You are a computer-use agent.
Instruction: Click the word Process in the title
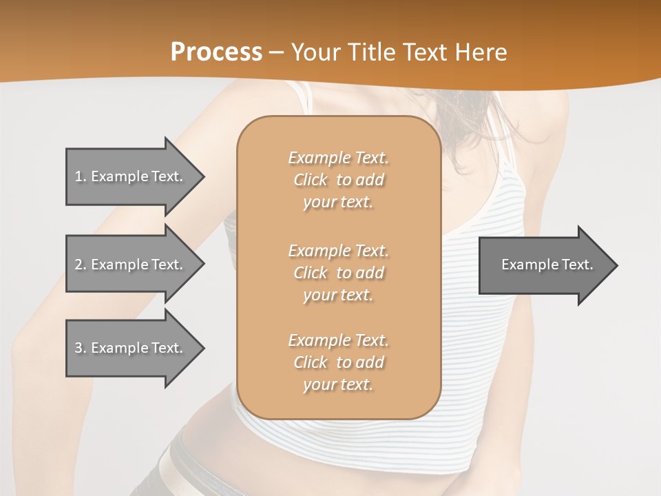(x=216, y=52)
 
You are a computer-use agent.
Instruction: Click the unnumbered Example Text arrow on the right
(x=547, y=265)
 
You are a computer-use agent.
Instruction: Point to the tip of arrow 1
(x=203, y=176)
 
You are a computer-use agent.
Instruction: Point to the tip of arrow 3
(x=203, y=348)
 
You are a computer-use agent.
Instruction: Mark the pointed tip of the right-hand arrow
(x=616, y=265)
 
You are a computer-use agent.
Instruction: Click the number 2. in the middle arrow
(x=81, y=265)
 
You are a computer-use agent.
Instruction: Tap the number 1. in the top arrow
(x=81, y=176)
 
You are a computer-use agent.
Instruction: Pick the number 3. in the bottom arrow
(x=81, y=348)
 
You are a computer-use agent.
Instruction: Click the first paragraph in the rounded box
(x=338, y=180)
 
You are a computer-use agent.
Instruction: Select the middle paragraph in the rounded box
(x=338, y=273)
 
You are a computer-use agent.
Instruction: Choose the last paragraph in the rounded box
(x=338, y=362)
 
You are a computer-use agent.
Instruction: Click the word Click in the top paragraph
(x=311, y=180)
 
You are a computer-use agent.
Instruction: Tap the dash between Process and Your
(x=276, y=52)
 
